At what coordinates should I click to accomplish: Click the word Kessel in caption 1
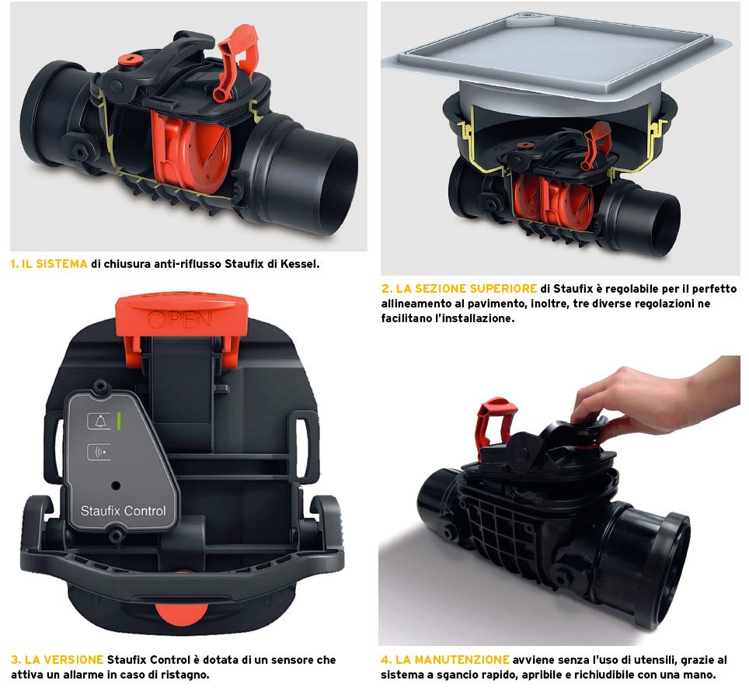[x=299, y=264]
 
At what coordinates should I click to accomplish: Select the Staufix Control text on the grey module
[x=124, y=511]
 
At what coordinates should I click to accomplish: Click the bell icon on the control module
[x=99, y=421]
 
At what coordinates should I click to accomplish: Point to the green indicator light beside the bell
[x=118, y=420]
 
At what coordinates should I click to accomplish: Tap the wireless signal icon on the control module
[x=100, y=452]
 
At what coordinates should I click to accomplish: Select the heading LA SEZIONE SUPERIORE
[x=466, y=289]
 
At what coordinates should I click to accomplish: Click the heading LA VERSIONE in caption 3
[x=64, y=660]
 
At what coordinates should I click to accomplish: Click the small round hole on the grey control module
[x=116, y=486]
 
